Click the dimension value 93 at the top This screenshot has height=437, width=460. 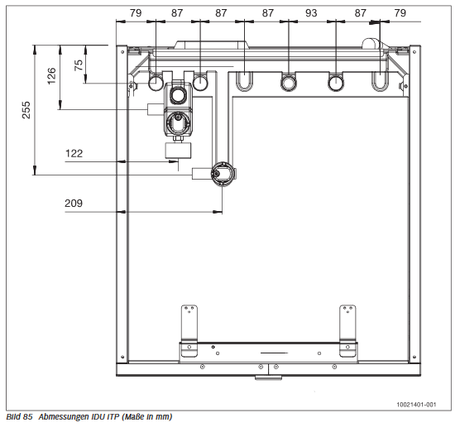310,13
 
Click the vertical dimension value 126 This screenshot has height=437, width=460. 51,77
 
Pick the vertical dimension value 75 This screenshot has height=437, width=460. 79,65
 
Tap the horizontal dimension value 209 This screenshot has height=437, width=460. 75,201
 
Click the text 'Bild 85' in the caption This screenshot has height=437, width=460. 18,416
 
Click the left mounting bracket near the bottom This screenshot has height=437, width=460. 189,331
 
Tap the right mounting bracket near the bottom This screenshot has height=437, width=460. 347,331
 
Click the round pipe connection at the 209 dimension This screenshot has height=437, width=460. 221,173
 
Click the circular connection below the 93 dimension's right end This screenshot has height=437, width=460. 336,82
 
